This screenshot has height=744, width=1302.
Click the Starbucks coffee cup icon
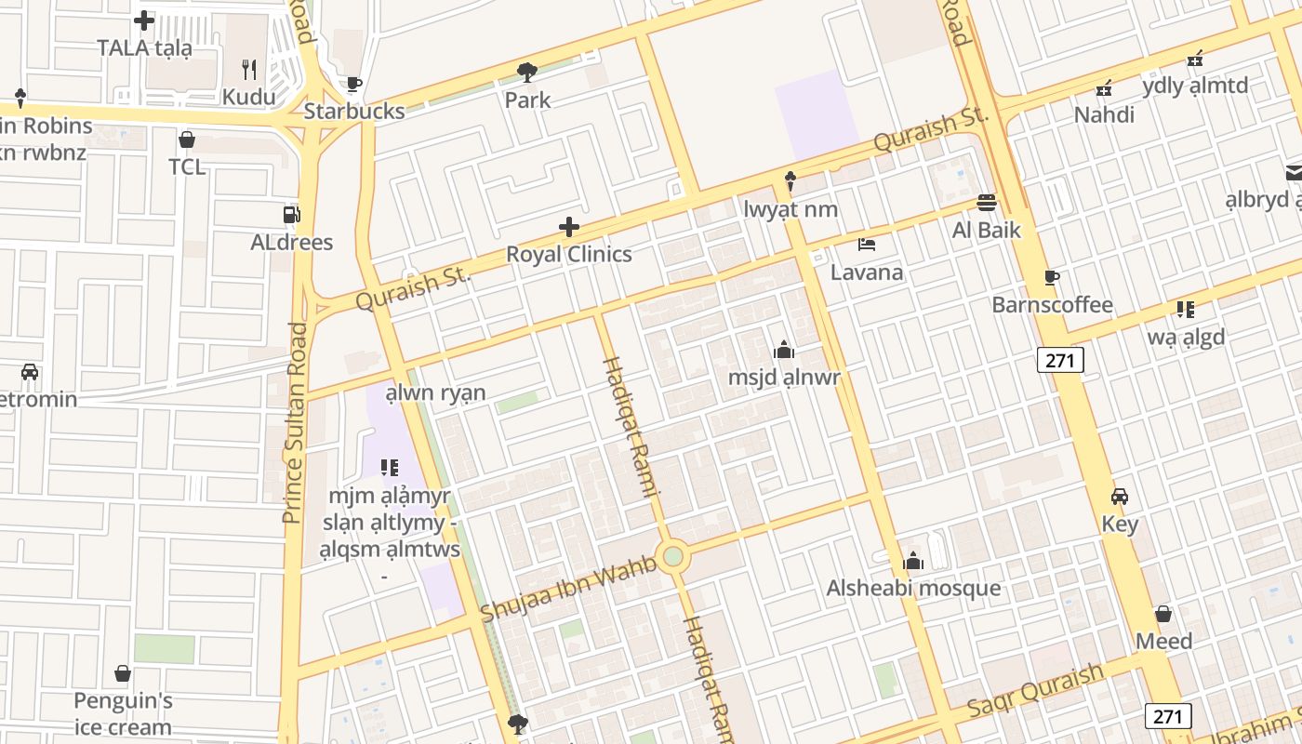click(353, 85)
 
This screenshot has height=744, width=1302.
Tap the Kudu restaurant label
click(248, 97)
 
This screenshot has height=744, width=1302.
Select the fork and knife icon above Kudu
click(249, 69)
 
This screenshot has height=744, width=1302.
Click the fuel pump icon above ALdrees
click(291, 215)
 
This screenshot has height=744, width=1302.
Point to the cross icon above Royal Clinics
click(568, 227)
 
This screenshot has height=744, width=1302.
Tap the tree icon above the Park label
click(527, 72)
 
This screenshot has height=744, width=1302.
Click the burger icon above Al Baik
click(986, 202)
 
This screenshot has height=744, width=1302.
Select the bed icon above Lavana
click(867, 245)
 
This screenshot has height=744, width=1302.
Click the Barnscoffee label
click(1052, 305)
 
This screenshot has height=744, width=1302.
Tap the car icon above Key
click(1120, 497)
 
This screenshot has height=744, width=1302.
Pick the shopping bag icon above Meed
click(1162, 614)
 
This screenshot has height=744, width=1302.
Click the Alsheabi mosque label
click(913, 588)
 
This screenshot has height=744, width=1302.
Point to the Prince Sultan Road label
click(295, 423)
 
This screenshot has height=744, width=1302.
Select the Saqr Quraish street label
click(1035, 691)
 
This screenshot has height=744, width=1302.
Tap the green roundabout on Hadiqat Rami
click(673, 557)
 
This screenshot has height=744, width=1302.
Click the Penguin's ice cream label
click(123, 713)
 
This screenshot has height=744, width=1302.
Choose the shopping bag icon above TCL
click(186, 139)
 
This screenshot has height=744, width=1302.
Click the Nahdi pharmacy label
click(1104, 114)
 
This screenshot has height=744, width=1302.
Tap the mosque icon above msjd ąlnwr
click(783, 350)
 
